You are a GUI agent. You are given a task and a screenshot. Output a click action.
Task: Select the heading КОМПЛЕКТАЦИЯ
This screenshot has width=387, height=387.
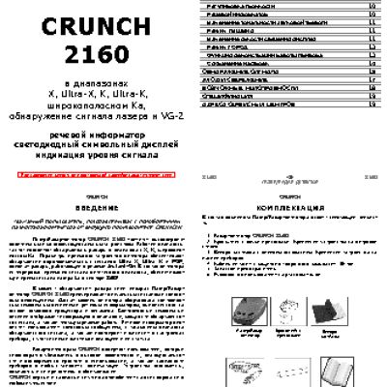click(x=290, y=209)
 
